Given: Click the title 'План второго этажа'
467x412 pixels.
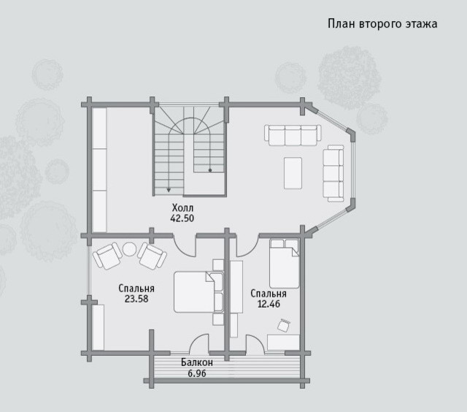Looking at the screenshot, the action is [x=382, y=24].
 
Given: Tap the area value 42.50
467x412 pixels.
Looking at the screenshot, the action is [x=182, y=218].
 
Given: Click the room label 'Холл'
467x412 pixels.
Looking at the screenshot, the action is [x=182, y=207].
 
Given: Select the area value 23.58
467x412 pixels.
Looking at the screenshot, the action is [x=136, y=299].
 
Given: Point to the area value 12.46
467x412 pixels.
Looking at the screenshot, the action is [x=269, y=304].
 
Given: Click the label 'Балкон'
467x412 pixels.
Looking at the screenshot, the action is [x=197, y=362].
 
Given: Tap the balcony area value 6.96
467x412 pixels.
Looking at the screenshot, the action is [x=197, y=373].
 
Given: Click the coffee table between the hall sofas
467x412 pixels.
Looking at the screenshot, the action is [x=293, y=173].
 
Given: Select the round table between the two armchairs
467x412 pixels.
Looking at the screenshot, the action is [x=130, y=249].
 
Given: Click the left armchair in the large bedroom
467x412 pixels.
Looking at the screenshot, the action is [x=107, y=256].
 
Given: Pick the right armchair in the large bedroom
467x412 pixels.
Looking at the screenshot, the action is [x=152, y=256].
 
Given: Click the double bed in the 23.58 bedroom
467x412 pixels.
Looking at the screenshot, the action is [x=198, y=292].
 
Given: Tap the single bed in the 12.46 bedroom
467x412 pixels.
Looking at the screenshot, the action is [x=284, y=264].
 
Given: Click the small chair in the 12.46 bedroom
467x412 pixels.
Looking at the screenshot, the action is [x=284, y=325].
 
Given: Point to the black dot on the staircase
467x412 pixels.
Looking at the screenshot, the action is [x=210, y=170].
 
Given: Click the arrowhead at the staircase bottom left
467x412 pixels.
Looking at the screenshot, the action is [x=169, y=190].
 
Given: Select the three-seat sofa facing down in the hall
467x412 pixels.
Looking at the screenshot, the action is [x=293, y=135].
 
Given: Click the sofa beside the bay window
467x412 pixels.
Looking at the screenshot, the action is [x=333, y=173].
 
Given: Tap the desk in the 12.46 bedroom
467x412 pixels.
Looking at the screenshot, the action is [x=283, y=343].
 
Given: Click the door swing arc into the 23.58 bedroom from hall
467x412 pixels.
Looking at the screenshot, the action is [x=182, y=250].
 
